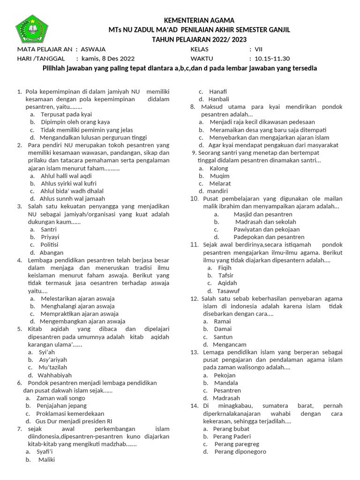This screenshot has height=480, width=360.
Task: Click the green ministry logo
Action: pyautogui.click(x=32, y=29)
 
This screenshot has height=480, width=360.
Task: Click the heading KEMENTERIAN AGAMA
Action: pyautogui.click(x=198, y=20)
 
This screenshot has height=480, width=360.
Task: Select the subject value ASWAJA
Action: pyautogui.click(x=93, y=49)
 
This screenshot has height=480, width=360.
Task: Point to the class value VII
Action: pyautogui.click(x=259, y=49)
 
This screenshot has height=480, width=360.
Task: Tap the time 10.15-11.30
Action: pyautogui.click(x=272, y=59)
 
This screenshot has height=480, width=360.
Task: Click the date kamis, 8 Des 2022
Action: pyautogui.click(x=108, y=59)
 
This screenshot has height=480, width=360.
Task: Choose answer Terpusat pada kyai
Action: pyautogui.click(x=66, y=114)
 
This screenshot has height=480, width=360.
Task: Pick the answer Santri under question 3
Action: pyautogui.click(x=49, y=230)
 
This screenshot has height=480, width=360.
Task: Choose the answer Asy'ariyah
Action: pyautogui.click(x=54, y=360)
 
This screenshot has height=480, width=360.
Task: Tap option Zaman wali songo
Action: pyautogui.click(x=60, y=398)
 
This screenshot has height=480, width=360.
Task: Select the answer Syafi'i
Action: pyautogui.click(x=45, y=452)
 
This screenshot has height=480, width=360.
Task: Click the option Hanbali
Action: pyautogui.click(x=219, y=99)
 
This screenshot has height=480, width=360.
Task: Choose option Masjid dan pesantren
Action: pyautogui.click(x=262, y=214)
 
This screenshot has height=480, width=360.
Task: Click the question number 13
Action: pyautogui.click(x=195, y=352)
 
